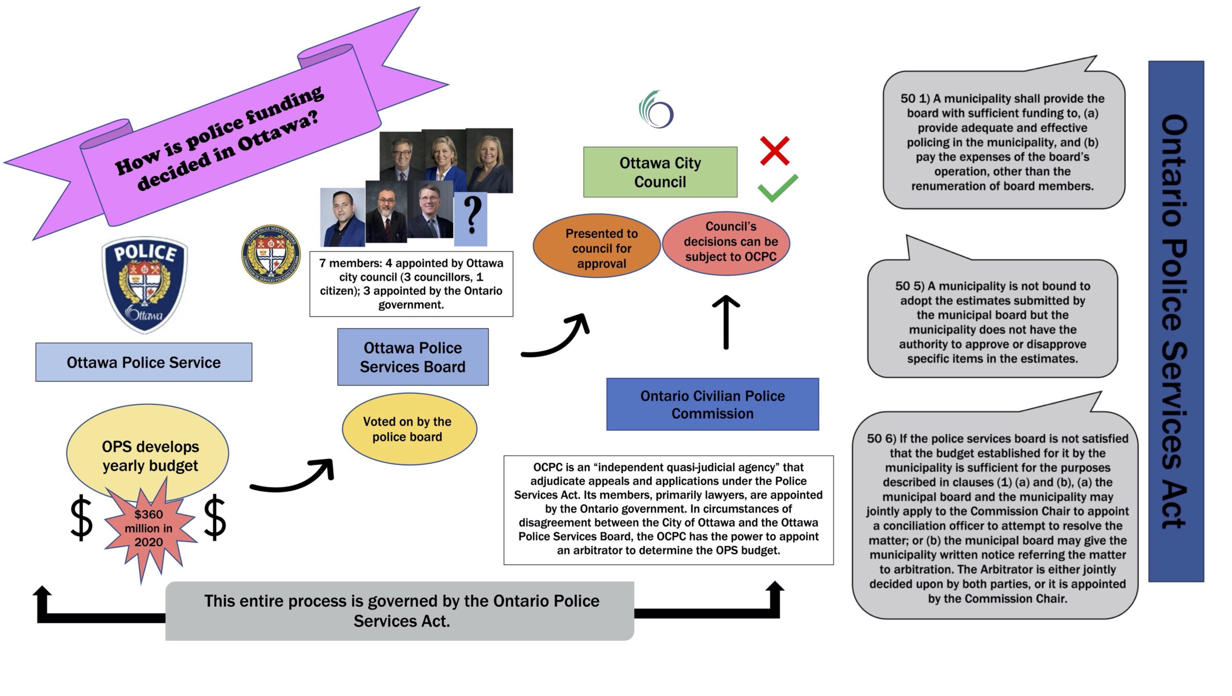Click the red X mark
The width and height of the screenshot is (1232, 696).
tap(774, 151)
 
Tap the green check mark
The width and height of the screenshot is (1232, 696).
tap(777, 189)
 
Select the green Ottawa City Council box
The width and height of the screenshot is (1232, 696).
tap(660, 172)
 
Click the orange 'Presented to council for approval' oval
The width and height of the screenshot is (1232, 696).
tap(597, 246)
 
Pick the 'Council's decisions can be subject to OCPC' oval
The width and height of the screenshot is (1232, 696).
tap(726, 243)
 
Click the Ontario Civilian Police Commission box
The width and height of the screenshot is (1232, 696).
tap(712, 404)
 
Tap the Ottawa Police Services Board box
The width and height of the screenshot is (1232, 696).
tap(413, 357)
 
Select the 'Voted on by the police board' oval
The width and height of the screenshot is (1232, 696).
tap(410, 429)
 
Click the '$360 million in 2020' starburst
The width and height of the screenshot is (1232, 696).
tap(149, 528)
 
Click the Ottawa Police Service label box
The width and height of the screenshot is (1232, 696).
tap(144, 362)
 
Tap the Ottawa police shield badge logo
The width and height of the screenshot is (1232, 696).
tap(145, 284)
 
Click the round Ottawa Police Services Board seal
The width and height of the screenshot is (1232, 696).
tap(271, 254)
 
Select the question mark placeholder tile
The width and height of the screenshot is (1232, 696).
tap(471, 219)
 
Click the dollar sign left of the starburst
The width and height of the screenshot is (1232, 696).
tap(81, 518)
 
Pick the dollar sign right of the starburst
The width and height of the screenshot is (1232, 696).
tap(215, 518)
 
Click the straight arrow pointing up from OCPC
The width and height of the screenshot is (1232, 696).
tap(726, 322)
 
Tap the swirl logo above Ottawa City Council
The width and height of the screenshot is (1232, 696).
tap(656, 109)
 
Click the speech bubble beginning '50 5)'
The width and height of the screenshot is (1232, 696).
tap(992, 318)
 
